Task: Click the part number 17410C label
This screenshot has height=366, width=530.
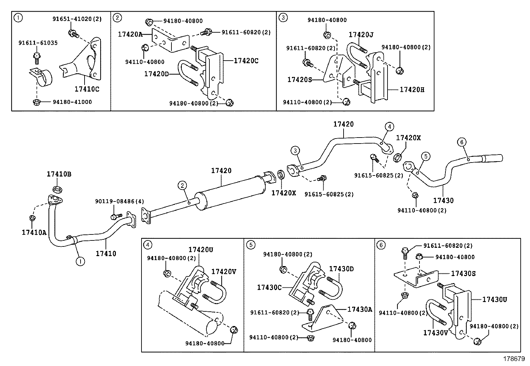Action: click(87, 89)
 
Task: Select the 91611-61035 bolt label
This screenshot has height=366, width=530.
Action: click(38, 43)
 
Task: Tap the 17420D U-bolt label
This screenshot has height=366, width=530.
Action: click(156, 74)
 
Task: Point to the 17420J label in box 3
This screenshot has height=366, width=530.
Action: click(361, 35)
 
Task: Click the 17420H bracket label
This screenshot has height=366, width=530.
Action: click(412, 90)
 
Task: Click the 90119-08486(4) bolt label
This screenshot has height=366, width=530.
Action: click(120, 201)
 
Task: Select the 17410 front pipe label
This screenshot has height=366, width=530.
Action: click(106, 253)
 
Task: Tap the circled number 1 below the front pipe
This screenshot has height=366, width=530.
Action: click(80, 261)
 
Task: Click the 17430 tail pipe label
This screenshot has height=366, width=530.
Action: click(443, 200)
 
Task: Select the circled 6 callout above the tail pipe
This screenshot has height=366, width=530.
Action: click(461, 142)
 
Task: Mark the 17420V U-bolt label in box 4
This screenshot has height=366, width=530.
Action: click(224, 272)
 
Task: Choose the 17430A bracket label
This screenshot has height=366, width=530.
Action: click(360, 309)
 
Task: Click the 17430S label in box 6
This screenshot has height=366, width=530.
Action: click(463, 273)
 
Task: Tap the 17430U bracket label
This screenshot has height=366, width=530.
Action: click(494, 300)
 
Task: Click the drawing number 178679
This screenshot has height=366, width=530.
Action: click(514, 359)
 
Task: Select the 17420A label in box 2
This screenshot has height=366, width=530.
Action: click(130, 34)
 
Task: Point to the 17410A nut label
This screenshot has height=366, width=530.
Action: click(34, 233)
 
